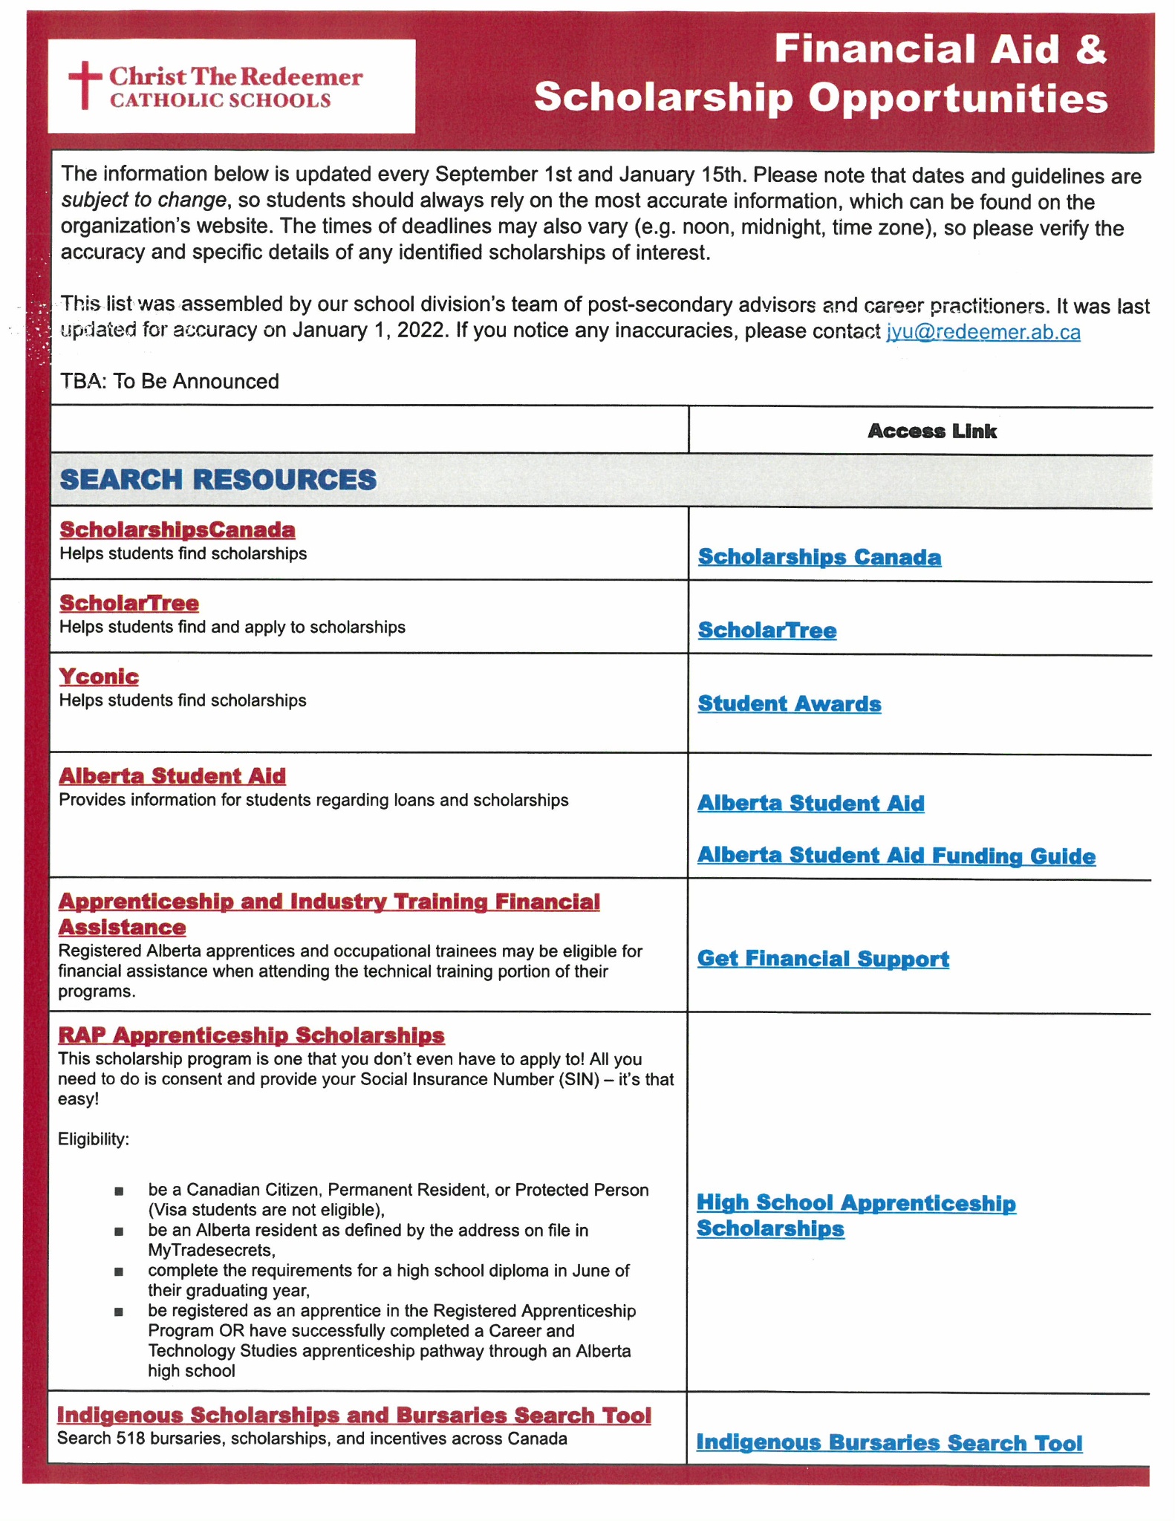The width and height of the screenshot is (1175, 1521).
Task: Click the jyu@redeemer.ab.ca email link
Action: [983, 332]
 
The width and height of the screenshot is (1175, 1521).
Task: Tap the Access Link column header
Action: [931, 431]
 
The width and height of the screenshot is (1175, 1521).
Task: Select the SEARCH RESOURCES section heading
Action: [218, 480]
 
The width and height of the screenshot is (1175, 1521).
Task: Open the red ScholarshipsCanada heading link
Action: [178, 530]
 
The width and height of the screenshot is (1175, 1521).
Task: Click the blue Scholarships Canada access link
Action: [819, 557]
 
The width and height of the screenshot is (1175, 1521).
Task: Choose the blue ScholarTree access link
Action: [766, 631]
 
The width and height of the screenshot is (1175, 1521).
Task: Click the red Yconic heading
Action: [99, 677]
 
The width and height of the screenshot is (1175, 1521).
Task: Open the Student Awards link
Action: [789, 704]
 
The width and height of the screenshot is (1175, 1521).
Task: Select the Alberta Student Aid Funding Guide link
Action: [896, 856]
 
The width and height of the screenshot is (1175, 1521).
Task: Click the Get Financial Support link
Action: [823, 959]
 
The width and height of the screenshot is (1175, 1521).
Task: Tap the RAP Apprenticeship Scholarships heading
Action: [251, 1035]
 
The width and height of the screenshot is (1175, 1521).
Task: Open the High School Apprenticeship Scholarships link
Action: [856, 1215]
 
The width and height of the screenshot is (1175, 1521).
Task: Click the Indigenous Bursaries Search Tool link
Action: [889, 1443]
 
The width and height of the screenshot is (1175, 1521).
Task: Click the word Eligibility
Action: [94, 1139]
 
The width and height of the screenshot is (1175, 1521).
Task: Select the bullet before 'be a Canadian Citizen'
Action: [119, 1192]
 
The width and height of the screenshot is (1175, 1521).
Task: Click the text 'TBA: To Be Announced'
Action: [170, 382]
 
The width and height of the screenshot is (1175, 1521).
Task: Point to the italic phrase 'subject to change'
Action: [143, 201]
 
